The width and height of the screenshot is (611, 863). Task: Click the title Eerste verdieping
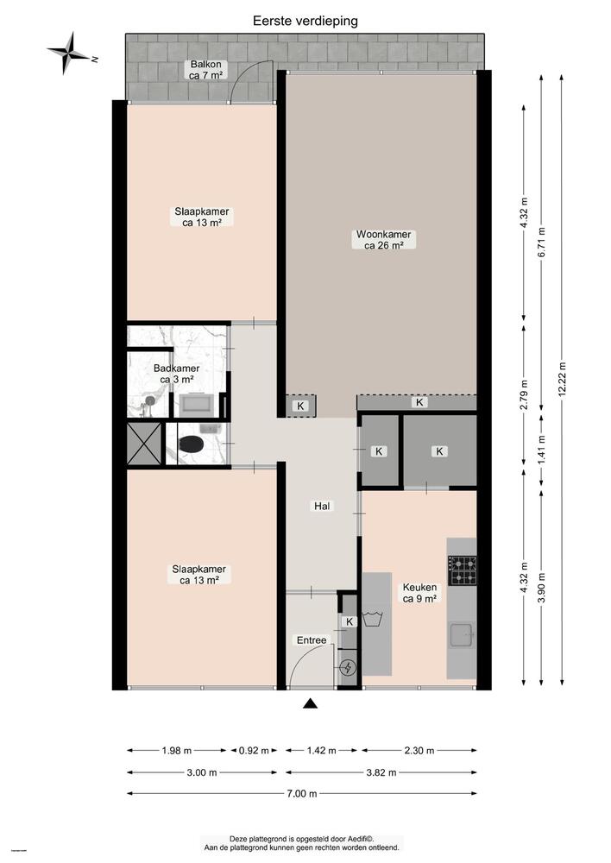305,20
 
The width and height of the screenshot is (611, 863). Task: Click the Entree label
312,639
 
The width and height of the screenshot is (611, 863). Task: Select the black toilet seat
191,444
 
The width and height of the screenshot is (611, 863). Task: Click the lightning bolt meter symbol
349,666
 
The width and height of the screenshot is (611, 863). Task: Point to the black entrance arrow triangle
311,704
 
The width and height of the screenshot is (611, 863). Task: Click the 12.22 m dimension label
563,379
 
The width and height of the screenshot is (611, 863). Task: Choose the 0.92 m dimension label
254,750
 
